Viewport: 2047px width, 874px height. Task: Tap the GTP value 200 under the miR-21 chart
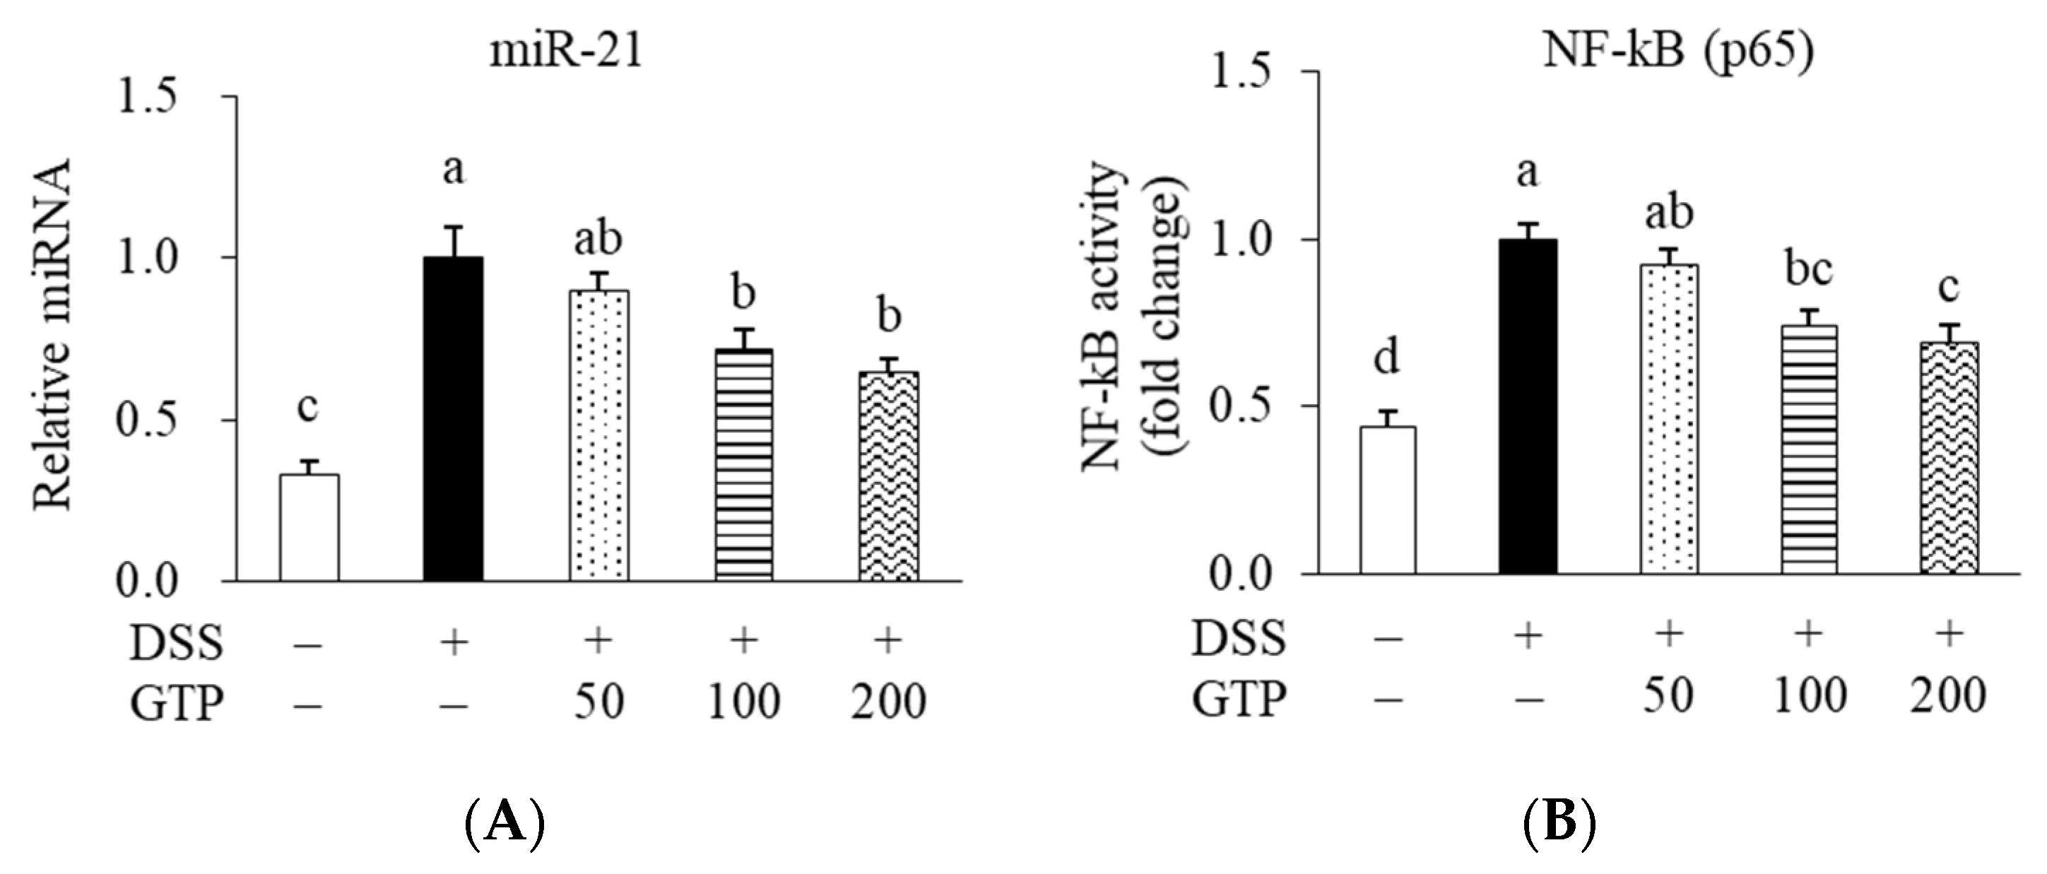click(888, 702)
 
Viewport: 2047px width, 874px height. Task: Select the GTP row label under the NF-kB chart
click(1237, 699)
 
